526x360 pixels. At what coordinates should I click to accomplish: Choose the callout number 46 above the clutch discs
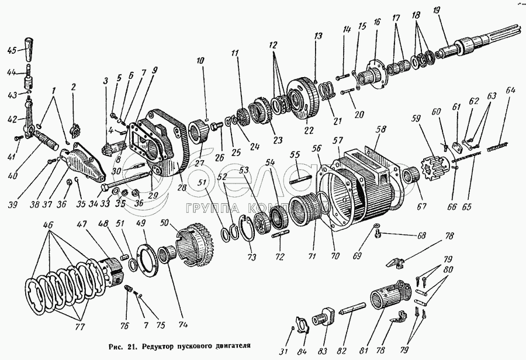[x=49, y=225]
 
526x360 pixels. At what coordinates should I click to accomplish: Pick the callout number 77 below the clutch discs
[x=79, y=327]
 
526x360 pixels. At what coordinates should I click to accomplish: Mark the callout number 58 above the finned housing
[x=382, y=130]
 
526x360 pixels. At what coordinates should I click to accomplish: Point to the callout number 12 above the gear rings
[x=274, y=44]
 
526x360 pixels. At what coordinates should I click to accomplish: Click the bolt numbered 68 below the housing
[x=378, y=233]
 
